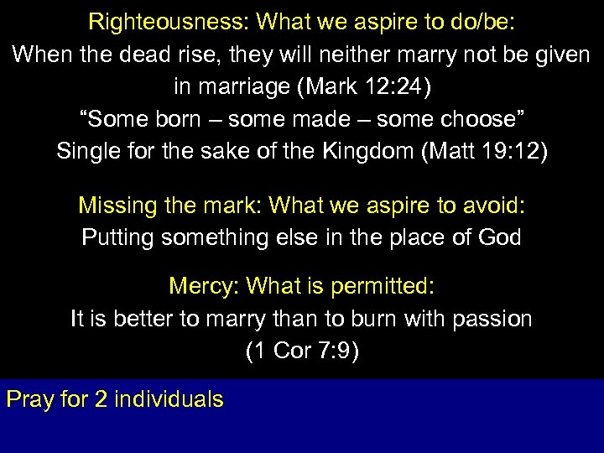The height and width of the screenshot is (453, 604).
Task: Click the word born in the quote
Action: coord(171,119)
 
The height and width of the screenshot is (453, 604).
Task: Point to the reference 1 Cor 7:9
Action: coord(302,351)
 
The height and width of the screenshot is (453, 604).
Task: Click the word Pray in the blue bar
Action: coord(30,398)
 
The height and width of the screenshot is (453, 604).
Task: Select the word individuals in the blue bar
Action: coord(168,398)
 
